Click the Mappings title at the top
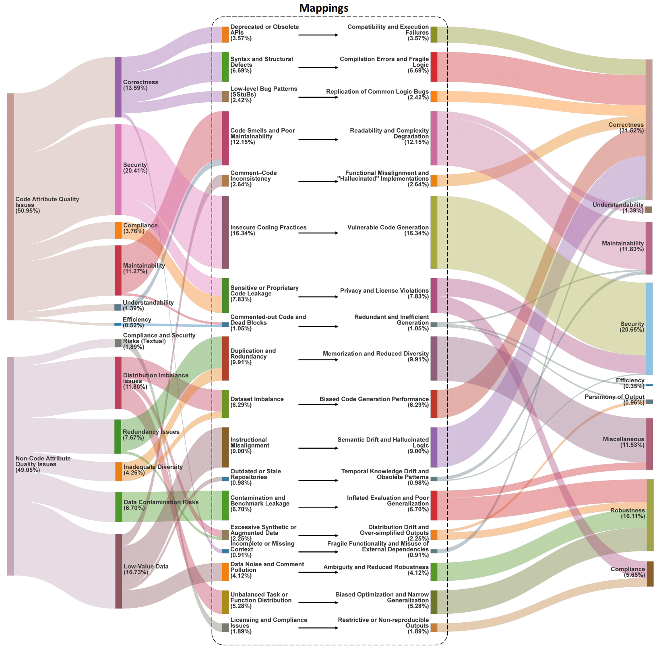point(324,8)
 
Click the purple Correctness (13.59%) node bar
point(118,87)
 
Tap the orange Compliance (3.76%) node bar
point(118,230)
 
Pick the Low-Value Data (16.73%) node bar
point(118,571)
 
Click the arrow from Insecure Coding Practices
point(318,233)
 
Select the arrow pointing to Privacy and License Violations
point(318,297)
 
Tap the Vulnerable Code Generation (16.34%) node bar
point(434,232)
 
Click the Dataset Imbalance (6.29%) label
point(257,402)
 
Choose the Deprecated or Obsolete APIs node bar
point(225,35)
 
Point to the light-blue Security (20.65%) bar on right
point(649,328)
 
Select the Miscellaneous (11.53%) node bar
point(649,444)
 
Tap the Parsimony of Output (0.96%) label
point(624,400)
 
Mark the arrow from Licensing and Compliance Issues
point(318,627)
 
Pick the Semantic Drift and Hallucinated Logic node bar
point(434,447)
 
